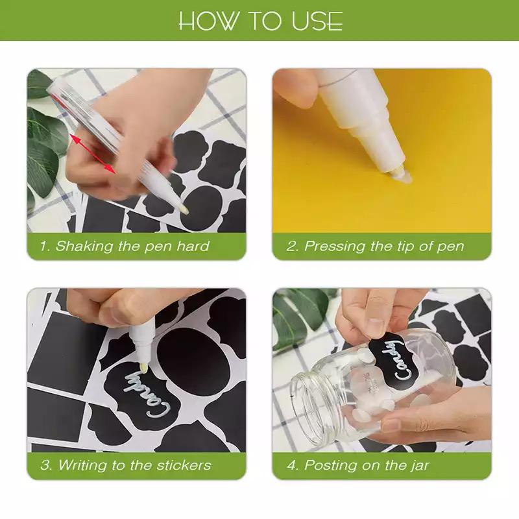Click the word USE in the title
tap(317, 21)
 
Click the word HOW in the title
tap(208, 21)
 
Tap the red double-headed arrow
tap(93, 154)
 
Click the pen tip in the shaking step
tap(184, 209)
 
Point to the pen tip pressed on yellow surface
tap(401, 175)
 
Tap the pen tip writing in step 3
tap(143, 367)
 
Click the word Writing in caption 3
tap(83, 466)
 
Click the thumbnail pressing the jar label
tap(375, 328)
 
